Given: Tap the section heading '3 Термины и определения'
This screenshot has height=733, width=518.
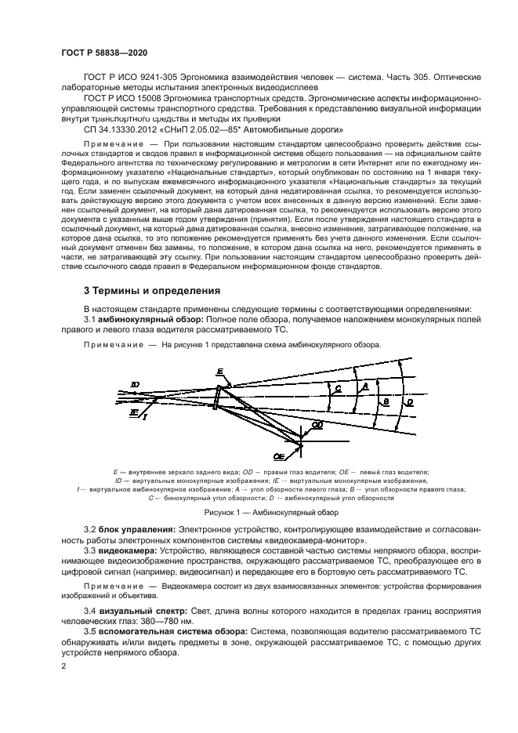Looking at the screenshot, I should (x=152, y=291).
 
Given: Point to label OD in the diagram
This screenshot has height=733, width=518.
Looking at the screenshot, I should (x=317, y=424).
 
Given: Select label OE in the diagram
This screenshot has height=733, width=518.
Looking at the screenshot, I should (x=278, y=455).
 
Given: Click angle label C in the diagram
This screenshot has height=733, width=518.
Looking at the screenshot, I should (x=337, y=388).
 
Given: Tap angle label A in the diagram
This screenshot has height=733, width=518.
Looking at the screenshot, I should (x=361, y=387).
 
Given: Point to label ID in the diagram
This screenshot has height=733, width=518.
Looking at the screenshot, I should (x=135, y=384).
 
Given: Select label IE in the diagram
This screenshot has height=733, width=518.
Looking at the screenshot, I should (x=134, y=411).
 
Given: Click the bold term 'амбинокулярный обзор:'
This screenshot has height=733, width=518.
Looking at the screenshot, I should (x=151, y=319).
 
